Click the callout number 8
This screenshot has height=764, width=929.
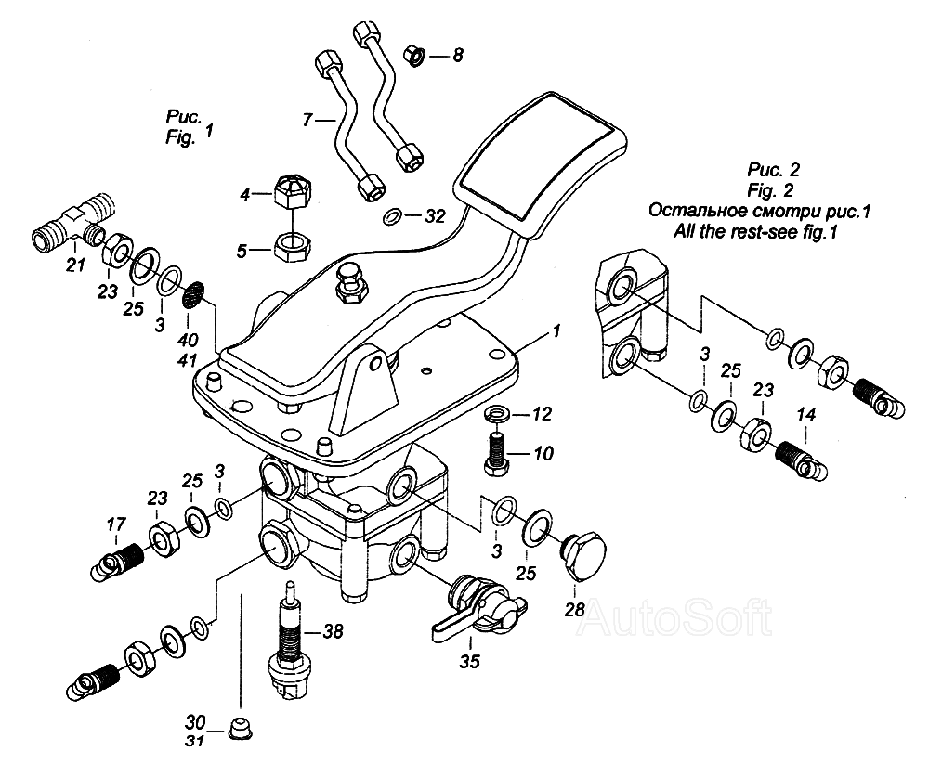pos(457,56)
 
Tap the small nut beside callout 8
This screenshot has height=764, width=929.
pos(414,56)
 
